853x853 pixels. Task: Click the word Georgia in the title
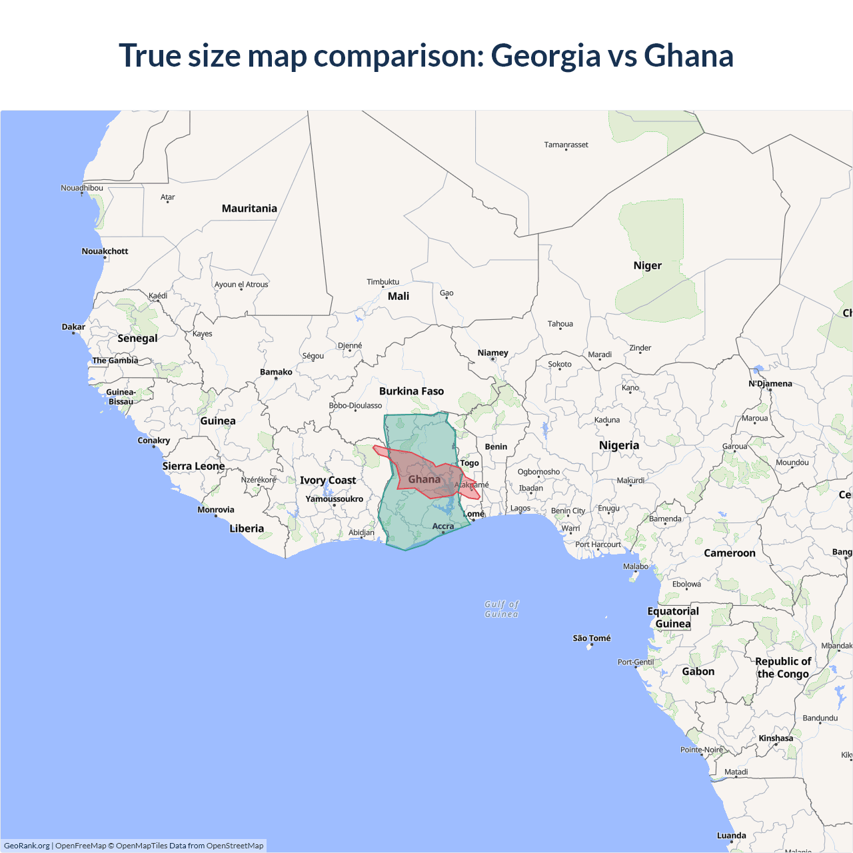point(545,56)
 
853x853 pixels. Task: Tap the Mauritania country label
point(249,209)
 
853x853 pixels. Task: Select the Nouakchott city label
point(105,251)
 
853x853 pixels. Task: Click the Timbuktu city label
point(383,282)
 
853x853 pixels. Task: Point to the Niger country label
point(647,265)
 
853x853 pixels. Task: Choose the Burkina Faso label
point(411,391)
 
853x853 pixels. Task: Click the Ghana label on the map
point(424,479)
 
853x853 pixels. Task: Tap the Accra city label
point(443,526)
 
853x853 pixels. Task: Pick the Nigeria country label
point(618,445)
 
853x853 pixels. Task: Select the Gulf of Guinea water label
point(502,609)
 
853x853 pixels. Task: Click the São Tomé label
point(592,638)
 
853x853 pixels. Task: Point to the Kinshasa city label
point(776,738)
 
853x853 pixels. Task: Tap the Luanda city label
point(731,836)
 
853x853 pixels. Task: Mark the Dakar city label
point(73,327)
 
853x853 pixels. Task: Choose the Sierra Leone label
point(193,466)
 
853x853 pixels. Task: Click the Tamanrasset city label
point(566,145)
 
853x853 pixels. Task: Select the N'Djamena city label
point(770,384)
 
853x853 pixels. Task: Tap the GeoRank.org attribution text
point(27,846)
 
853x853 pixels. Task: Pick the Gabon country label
point(698,672)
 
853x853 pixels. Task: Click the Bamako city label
point(276,372)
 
